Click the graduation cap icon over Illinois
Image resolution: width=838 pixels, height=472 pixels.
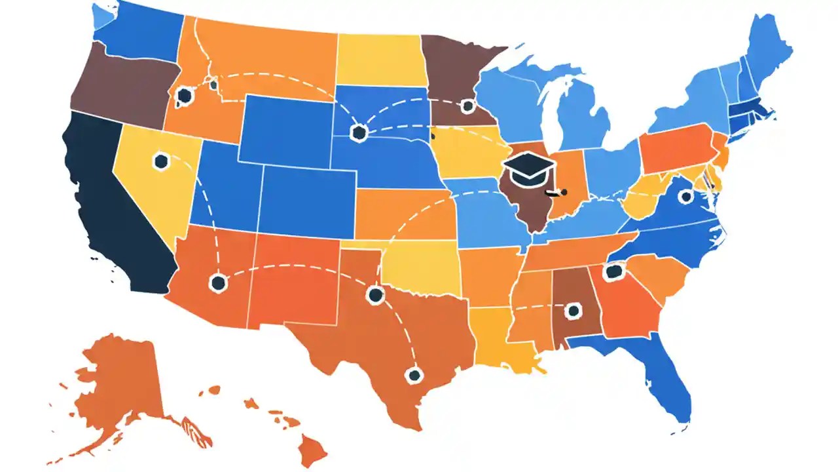[x=528, y=168]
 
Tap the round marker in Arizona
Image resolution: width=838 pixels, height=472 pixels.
[x=218, y=283]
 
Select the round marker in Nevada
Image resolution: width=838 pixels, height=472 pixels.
[x=160, y=161]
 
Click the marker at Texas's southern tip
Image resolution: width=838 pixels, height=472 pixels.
[x=413, y=375]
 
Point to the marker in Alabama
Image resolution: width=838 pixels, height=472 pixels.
[x=574, y=311]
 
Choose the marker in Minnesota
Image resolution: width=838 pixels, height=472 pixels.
[x=467, y=106]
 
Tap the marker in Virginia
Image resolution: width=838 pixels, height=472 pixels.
[x=685, y=196]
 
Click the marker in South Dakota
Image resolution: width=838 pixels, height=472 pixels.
[x=358, y=133]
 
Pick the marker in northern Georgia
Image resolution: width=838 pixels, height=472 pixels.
[x=613, y=272]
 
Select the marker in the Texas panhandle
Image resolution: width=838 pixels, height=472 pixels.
[x=375, y=294]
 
